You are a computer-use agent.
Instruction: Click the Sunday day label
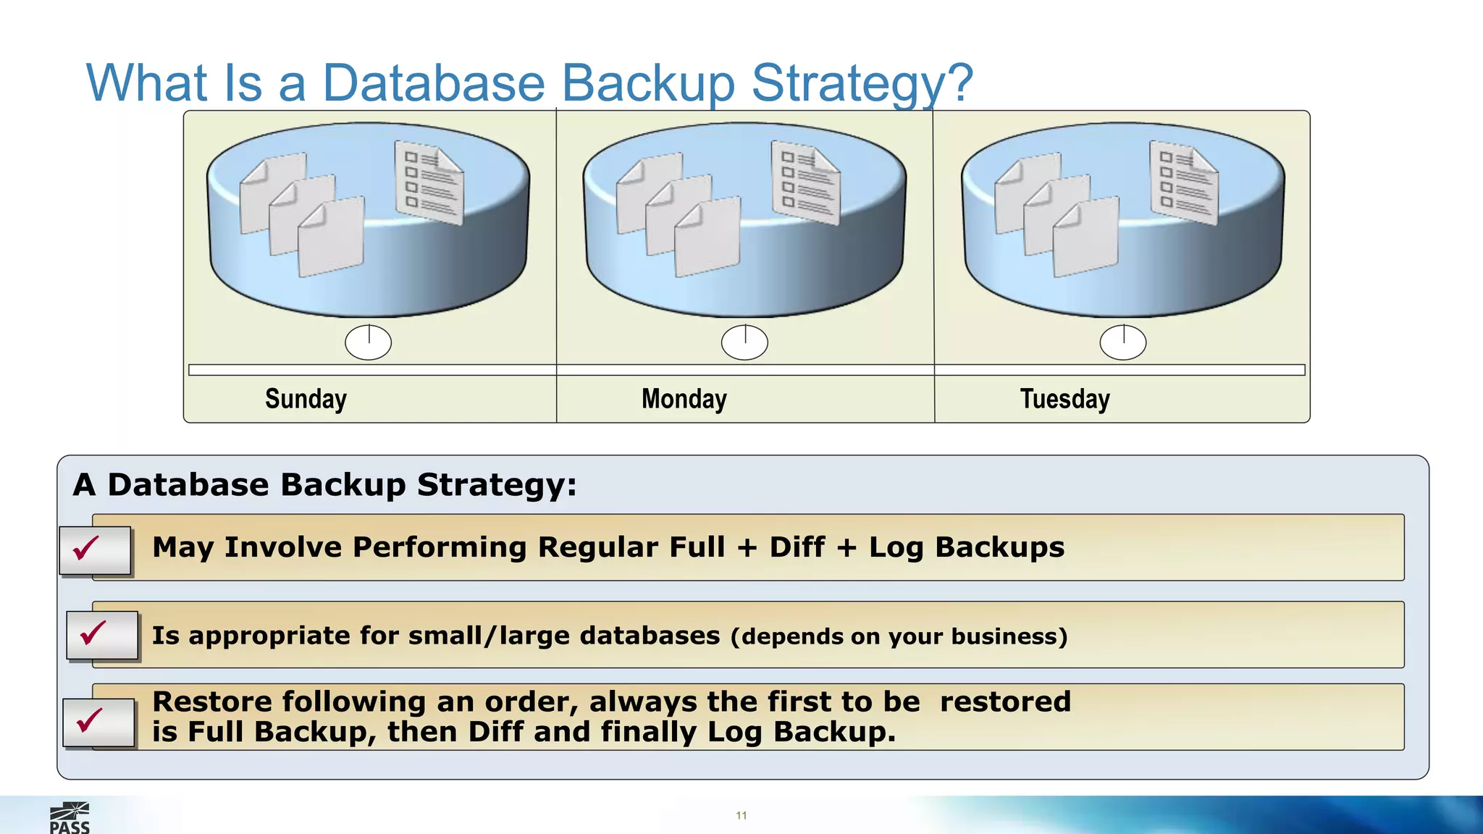pyautogui.click(x=306, y=399)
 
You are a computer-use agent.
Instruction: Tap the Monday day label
pyautogui.click(x=684, y=399)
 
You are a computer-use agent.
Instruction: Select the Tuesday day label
pyautogui.click(x=1064, y=399)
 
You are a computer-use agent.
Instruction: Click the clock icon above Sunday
pyautogui.click(x=368, y=342)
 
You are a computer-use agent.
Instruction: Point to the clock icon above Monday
pyautogui.click(x=744, y=342)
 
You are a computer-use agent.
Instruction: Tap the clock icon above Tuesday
pyautogui.click(x=1122, y=342)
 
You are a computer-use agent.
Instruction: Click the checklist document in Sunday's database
pyautogui.click(x=429, y=183)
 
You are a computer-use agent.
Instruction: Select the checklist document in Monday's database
pyautogui.click(x=806, y=183)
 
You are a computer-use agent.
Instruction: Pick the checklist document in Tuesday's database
pyautogui.click(x=1184, y=183)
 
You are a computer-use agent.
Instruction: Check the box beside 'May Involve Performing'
pyautogui.click(x=96, y=550)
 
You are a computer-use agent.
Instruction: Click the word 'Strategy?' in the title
pyautogui.click(x=862, y=83)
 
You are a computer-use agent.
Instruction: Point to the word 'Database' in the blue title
pyautogui.click(x=433, y=83)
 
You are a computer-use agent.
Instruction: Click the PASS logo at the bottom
pyautogui.click(x=70, y=819)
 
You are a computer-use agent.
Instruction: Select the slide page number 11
pyautogui.click(x=741, y=816)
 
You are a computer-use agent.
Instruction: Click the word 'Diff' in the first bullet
pyautogui.click(x=797, y=547)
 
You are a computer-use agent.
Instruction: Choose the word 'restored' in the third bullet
pyautogui.click(x=1005, y=702)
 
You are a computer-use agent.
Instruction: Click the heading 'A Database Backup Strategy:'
pyautogui.click(x=325, y=485)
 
